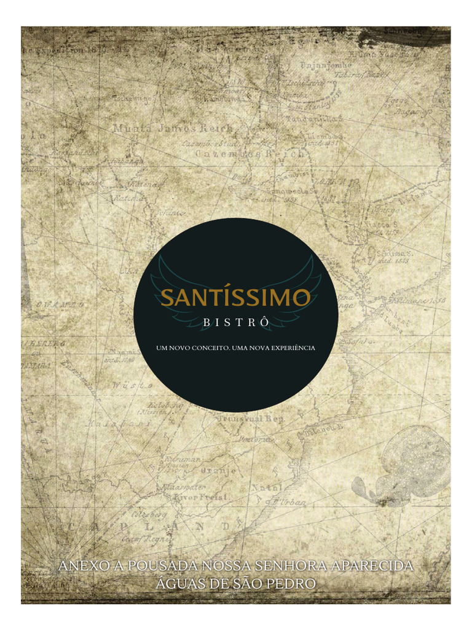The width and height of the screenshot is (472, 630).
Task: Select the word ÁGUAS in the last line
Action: (x=175, y=583)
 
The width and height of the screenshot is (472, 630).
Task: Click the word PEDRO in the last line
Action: (x=295, y=583)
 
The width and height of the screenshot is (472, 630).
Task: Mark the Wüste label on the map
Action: (x=125, y=385)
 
